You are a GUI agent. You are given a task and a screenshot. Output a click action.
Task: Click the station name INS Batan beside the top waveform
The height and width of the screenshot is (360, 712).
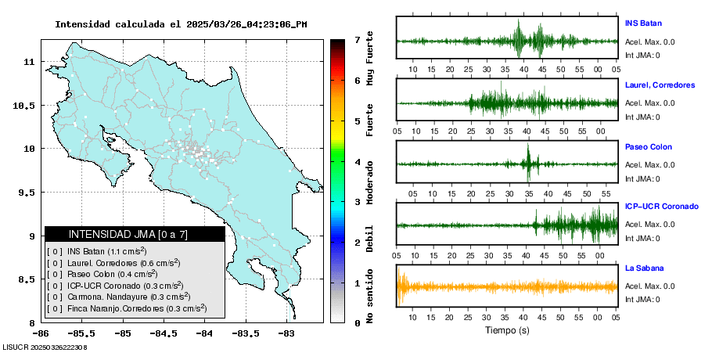click(643, 23)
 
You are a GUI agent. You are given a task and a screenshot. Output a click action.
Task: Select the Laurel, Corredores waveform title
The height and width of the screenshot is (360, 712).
click(660, 85)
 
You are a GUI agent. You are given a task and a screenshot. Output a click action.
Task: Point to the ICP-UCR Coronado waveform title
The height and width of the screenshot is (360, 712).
click(661, 207)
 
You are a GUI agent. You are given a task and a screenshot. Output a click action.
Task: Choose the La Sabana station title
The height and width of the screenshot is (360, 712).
click(643, 268)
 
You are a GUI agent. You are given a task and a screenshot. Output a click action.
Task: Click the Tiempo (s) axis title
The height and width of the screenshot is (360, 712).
click(506, 330)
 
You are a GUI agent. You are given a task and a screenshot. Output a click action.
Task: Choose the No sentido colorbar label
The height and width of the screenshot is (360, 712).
click(370, 297)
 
